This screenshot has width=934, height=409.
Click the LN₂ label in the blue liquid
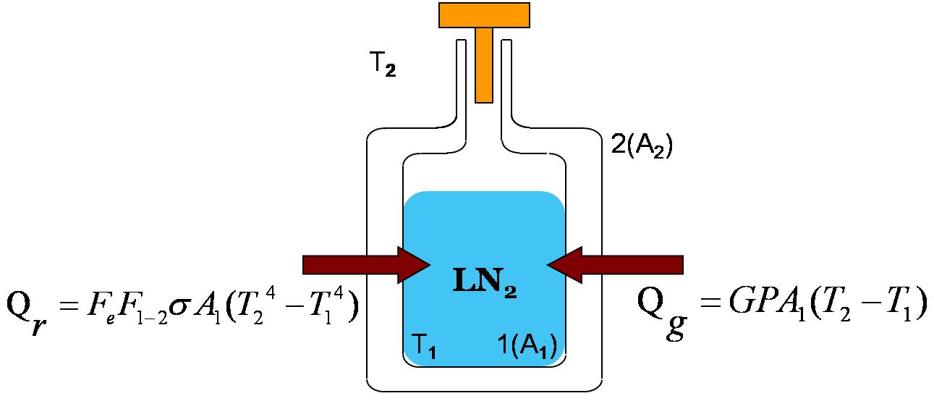pyautogui.click(x=485, y=282)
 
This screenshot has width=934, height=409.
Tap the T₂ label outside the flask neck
pyautogui.click(x=383, y=64)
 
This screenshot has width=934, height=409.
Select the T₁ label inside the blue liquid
pyautogui.click(x=424, y=345)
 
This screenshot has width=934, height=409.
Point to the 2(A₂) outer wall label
pyautogui.click(x=642, y=146)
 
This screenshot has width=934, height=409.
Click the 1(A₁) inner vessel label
pyautogui.click(x=527, y=346)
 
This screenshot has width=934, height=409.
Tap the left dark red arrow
pyautogui.click(x=367, y=265)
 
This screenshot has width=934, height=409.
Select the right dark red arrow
pyautogui.click(x=615, y=265)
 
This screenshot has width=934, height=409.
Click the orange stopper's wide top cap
pyautogui.click(x=484, y=15)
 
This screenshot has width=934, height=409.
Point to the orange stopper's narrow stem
pyautogui.click(x=484, y=65)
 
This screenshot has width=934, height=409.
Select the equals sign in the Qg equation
pyautogui.click(x=710, y=302)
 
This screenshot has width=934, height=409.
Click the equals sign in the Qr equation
pyautogui.click(x=69, y=306)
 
